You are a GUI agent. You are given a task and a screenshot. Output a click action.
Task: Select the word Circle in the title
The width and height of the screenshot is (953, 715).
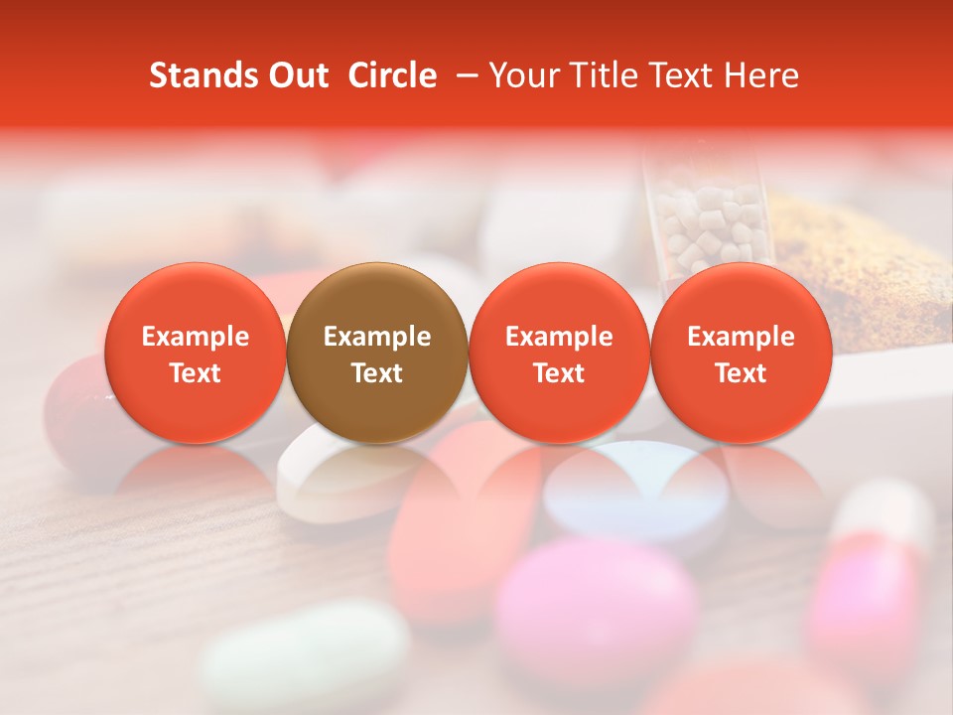tap(392, 75)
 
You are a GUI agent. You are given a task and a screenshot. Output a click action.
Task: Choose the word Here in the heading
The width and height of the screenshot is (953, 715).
tap(760, 75)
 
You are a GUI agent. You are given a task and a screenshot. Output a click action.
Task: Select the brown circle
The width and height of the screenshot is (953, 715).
tap(376, 353)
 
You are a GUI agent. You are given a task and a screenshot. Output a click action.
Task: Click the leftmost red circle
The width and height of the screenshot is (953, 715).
tap(195, 353)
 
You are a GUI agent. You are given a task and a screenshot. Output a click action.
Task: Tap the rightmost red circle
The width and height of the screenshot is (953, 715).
tap(741, 353)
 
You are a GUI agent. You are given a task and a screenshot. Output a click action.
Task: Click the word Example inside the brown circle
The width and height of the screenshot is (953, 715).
tap(376, 337)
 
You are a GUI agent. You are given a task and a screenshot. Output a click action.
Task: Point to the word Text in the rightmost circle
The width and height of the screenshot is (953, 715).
tap(741, 373)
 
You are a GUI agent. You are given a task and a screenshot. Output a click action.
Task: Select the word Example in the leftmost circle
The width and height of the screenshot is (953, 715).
tap(195, 337)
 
